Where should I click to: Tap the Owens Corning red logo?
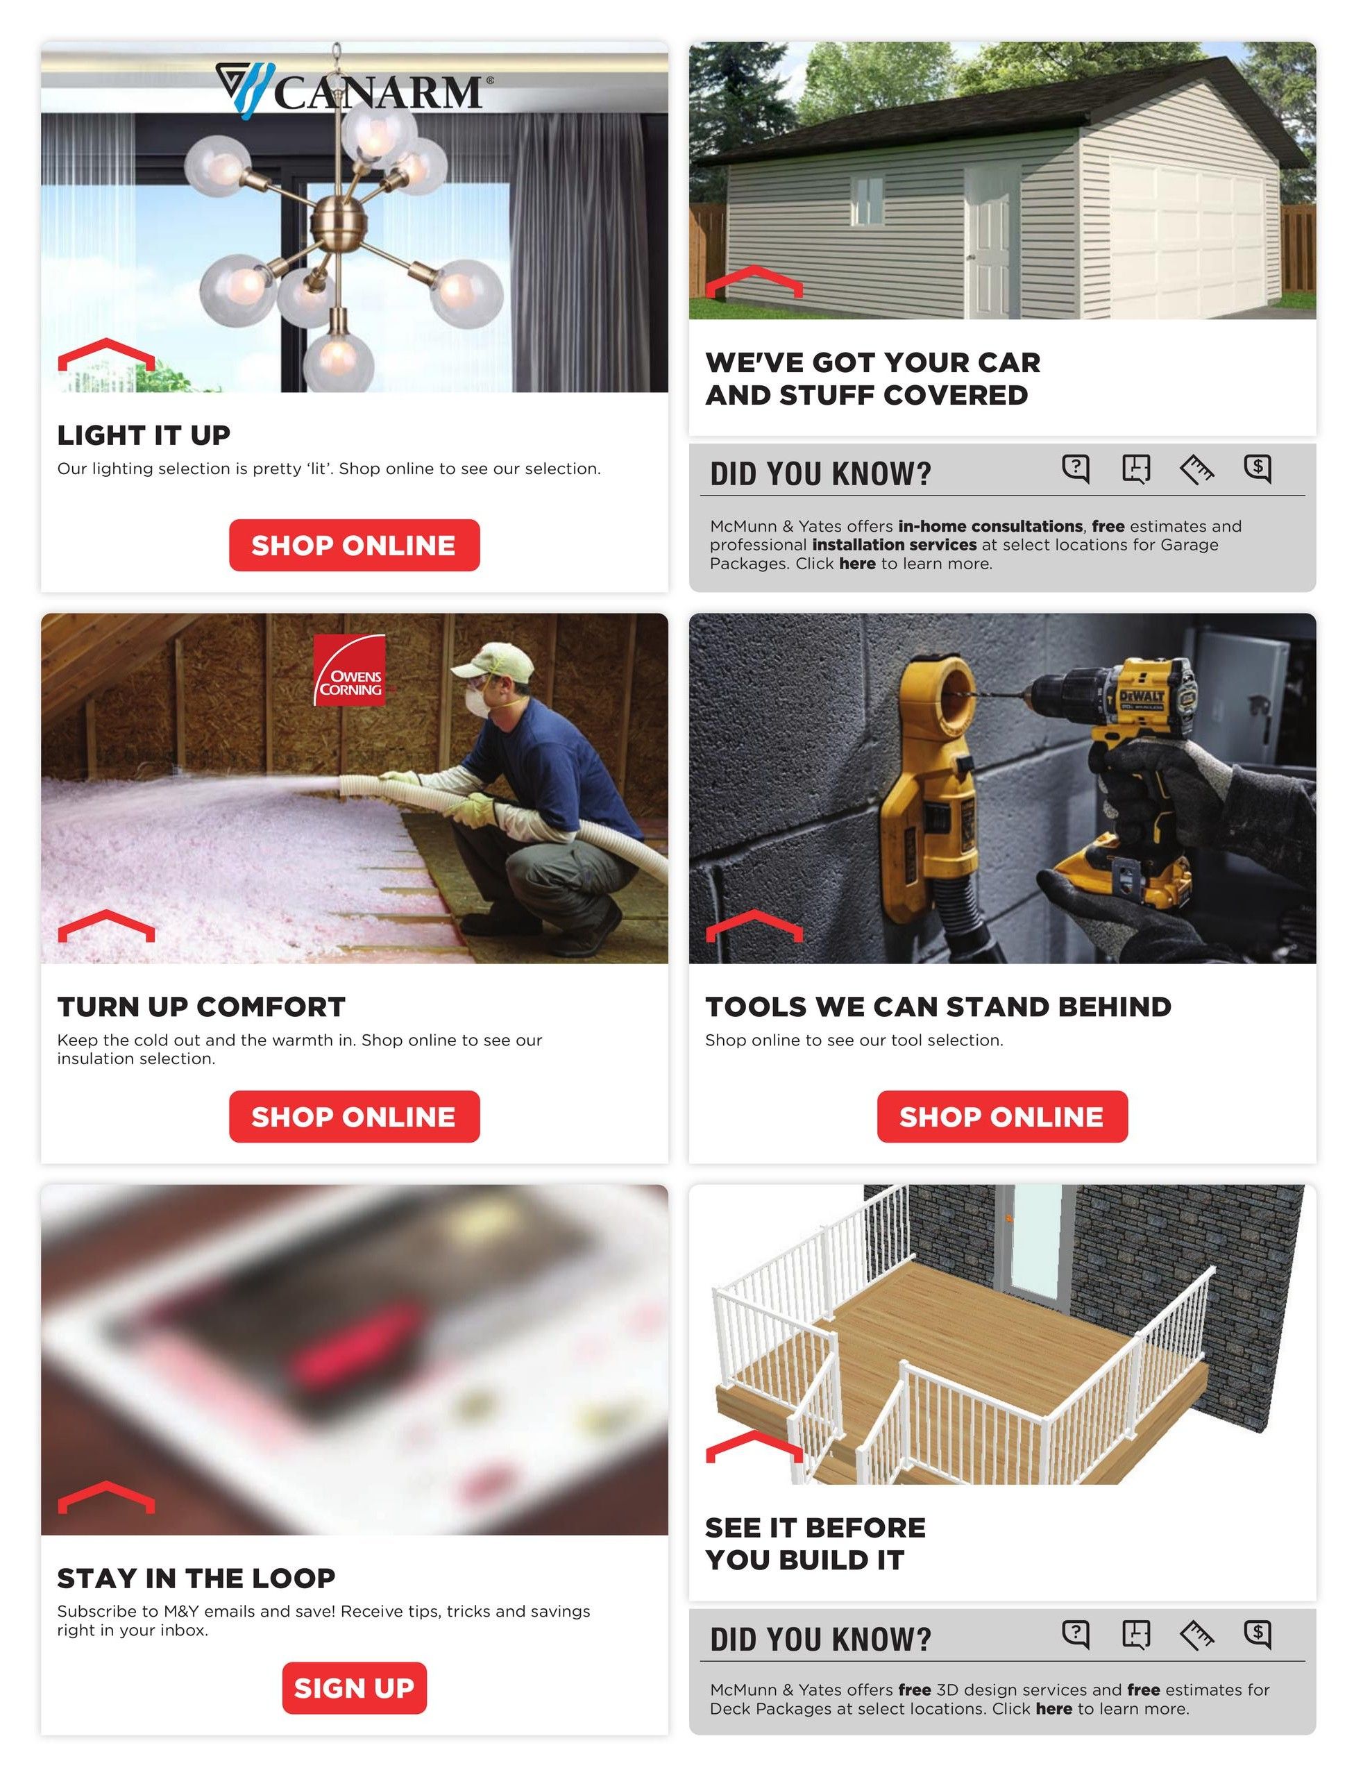click(x=349, y=670)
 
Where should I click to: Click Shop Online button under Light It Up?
click(x=354, y=546)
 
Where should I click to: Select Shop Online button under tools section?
click(x=1002, y=1116)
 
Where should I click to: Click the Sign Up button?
click(x=354, y=1687)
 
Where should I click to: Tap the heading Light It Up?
click(x=144, y=435)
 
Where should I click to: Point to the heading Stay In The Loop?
click(x=196, y=1578)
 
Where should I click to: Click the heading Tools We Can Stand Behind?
click(x=938, y=1007)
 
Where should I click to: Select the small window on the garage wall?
click(x=868, y=201)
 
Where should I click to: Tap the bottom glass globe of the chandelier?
click(x=339, y=362)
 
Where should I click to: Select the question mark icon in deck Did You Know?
click(x=1075, y=1633)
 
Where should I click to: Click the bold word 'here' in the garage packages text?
click(x=856, y=564)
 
